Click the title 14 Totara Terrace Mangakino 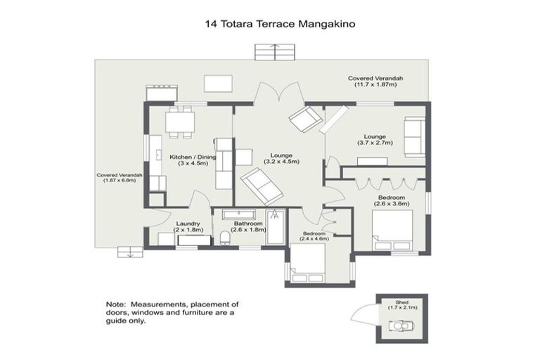tap(280, 23)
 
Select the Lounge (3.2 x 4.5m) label tap(281, 158)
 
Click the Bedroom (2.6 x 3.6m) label tap(389, 200)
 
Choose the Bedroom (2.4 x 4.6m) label tap(314, 236)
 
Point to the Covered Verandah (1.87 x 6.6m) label tap(120, 177)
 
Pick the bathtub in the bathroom tap(275, 226)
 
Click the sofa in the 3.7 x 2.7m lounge tap(413, 137)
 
